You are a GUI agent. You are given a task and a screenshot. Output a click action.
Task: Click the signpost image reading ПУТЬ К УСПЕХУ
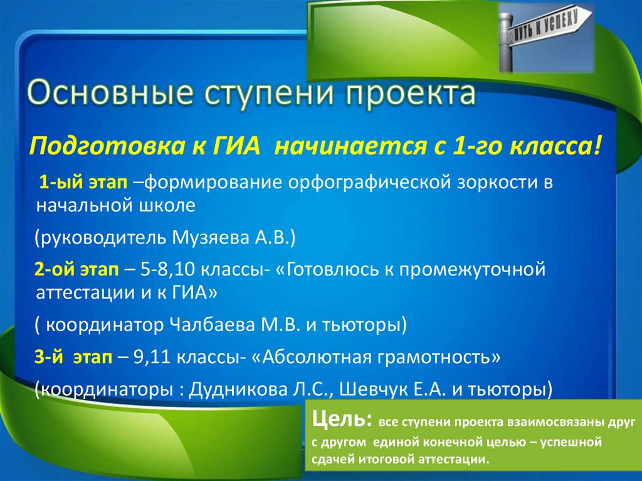click(546, 38)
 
